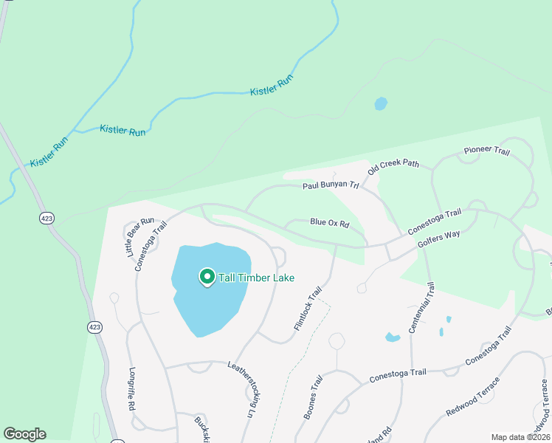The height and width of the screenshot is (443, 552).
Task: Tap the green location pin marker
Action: (207, 277)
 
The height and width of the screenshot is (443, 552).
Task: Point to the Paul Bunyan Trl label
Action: (331, 186)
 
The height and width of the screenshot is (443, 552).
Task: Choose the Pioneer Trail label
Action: (486, 151)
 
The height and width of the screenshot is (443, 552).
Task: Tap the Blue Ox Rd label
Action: (329, 221)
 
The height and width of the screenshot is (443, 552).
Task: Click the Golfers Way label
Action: (438, 238)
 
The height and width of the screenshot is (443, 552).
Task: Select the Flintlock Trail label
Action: (308, 308)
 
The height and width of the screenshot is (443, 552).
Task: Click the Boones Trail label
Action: (314, 397)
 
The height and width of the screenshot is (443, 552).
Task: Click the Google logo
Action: (24, 434)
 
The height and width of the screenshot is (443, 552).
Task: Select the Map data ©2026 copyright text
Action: (520, 437)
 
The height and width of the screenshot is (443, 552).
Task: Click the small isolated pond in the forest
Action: (381, 103)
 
